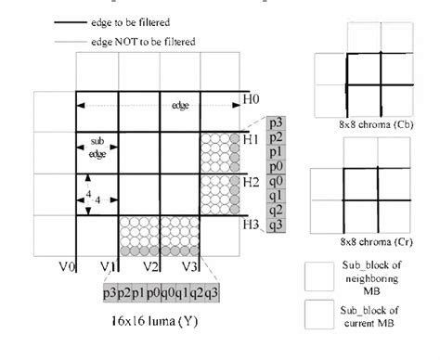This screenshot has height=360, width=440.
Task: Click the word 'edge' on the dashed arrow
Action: click(180, 105)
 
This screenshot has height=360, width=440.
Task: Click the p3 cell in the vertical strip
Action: click(276, 122)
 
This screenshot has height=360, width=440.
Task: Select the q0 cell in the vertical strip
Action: click(276, 181)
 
